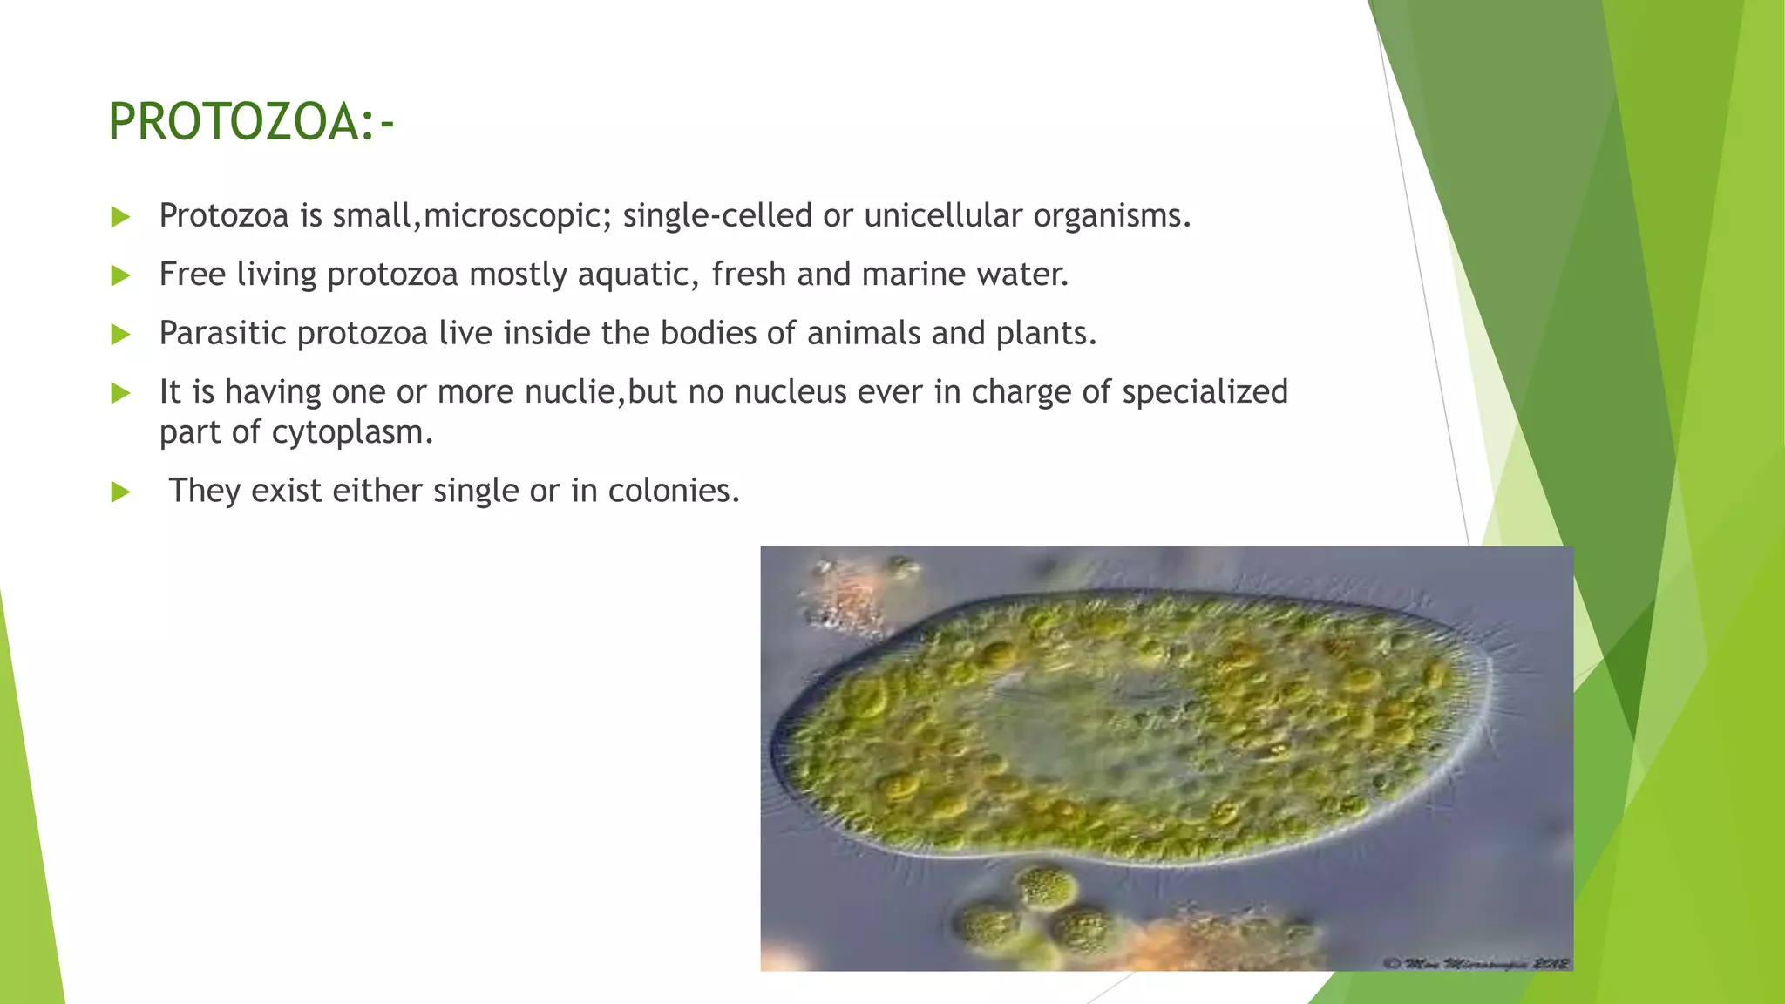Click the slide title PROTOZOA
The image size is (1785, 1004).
point(251,122)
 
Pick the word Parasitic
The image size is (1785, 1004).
point(223,333)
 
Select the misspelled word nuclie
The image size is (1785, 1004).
point(571,392)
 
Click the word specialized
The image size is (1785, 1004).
point(1205,392)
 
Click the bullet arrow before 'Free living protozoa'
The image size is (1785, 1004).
point(121,276)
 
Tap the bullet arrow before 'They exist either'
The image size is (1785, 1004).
point(121,492)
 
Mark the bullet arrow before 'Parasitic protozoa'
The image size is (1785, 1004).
point(121,335)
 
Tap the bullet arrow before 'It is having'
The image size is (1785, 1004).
point(121,393)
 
